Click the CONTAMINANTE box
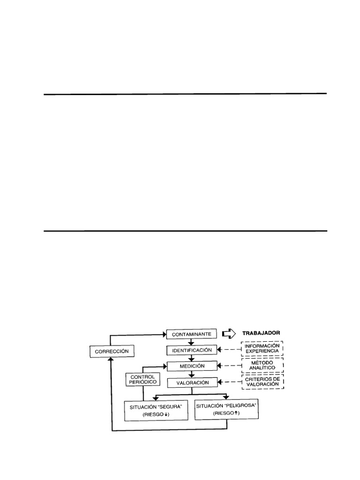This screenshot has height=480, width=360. pyautogui.click(x=191, y=334)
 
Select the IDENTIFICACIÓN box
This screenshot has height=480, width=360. pyautogui.click(x=191, y=350)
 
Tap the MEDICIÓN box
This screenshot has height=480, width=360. pyautogui.click(x=191, y=366)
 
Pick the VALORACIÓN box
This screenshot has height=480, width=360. pyautogui.click(x=191, y=382)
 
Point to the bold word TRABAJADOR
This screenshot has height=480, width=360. pyautogui.click(x=261, y=333)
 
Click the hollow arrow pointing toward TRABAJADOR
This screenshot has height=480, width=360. pyautogui.click(x=228, y=333)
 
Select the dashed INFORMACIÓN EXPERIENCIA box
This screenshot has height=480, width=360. pyautogui.click(x=262, y=349)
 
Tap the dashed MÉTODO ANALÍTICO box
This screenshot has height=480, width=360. pyautogui.click(x=262, y=366)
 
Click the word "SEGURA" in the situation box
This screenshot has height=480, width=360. pyautogui.click(x=171, y=405)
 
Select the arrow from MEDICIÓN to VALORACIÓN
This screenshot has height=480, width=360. pyautogui.click(x=191, y=375)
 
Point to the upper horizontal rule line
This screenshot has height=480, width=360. pyautogui.click(x=185, y=94)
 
